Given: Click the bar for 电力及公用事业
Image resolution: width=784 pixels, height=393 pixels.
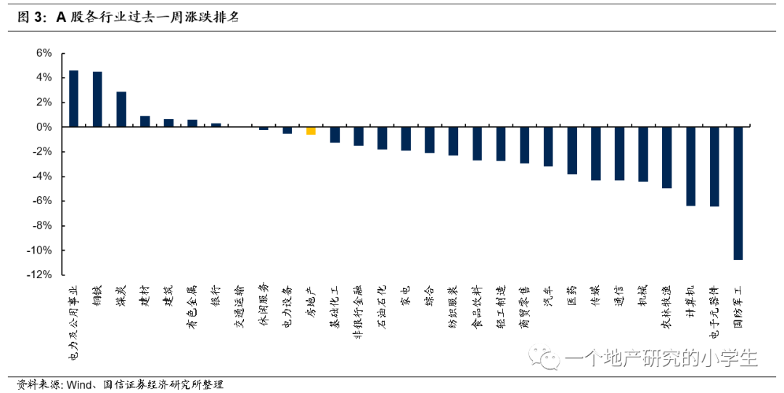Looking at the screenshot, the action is pos(73,99).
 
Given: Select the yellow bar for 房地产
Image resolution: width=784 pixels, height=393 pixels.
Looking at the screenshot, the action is pos(311,131).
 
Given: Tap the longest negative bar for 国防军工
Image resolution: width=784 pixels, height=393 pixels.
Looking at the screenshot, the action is pos(738,193).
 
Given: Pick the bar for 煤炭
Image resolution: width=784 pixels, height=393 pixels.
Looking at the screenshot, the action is pos(121,110).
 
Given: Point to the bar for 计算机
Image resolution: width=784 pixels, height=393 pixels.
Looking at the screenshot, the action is pos(690,166).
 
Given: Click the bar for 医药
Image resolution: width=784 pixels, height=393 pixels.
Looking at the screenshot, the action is pos(572,150).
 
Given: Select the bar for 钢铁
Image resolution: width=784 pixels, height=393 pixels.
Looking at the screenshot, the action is pos(97,99).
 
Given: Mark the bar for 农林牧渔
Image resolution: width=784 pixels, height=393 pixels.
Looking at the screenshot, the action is pos(667,158).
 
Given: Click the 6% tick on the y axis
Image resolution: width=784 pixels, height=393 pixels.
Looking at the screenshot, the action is pos(44,53).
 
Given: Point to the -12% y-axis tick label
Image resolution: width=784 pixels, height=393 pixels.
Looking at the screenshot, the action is pos(39,275).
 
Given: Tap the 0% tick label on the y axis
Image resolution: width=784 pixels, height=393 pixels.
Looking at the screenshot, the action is pos(44,127).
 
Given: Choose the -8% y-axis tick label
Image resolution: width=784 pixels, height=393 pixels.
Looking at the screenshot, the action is pos(41,225).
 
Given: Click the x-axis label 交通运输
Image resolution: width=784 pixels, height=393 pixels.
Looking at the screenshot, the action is pos(240,307).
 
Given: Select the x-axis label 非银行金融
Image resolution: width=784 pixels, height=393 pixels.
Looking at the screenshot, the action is pos(358,312).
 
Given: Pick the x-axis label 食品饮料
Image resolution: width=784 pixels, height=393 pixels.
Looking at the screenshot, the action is pos(477,307).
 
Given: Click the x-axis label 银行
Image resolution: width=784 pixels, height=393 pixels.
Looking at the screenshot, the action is pos(216,296).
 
